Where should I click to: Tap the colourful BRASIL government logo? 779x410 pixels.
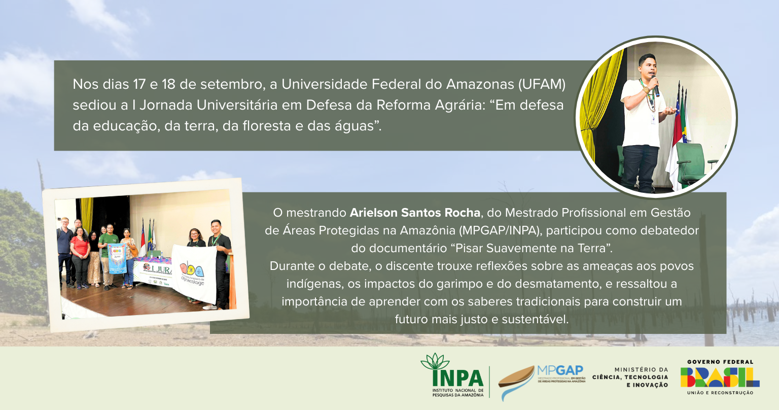tap(720, 377)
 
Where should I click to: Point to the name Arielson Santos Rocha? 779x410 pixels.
tap(415, 212)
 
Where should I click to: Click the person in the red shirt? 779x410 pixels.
tap(80, 254)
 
